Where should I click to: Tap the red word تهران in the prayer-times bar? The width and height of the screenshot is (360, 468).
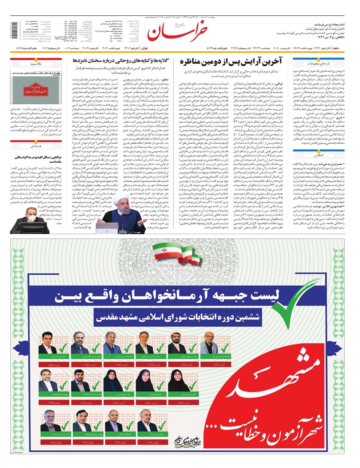click(x=144, y=48)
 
